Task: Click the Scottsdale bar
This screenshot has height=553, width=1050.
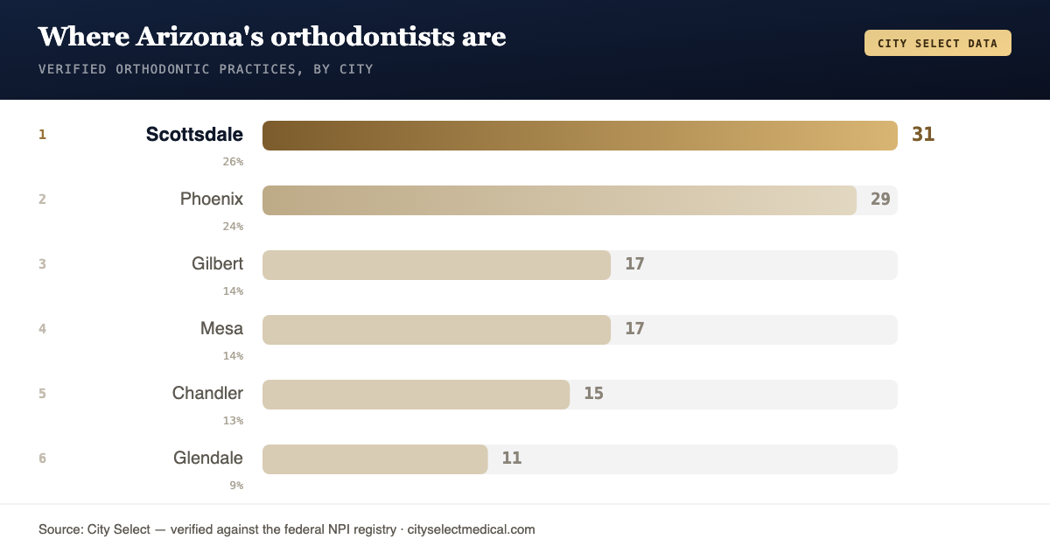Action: click(580, 136)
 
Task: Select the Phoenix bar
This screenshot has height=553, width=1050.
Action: click(559, 200)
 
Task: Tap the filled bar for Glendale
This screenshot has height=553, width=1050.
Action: click(375, 459)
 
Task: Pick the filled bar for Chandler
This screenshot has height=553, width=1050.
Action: click(416, 395)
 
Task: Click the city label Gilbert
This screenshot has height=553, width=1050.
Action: click(218, 264)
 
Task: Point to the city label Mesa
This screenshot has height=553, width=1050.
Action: click(221, 328)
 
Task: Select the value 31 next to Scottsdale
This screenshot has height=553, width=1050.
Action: click(923, 135)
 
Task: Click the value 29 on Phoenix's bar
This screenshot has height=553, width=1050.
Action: click(880, 199)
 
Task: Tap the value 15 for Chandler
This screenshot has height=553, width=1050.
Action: click(593, 393)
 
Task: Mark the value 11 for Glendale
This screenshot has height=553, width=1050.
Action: click(511, 458)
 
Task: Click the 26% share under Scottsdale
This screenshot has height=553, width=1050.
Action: click(233, 162)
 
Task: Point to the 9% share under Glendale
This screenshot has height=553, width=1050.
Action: click(236, 486)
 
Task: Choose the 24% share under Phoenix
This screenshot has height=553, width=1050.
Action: click(233, 227)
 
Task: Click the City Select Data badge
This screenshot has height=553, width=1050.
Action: click(938, 43)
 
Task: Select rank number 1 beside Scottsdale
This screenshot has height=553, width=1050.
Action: click(42, 135)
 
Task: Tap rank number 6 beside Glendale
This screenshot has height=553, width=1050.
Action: click(42, 458)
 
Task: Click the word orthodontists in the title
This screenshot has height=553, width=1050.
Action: click(362, 37)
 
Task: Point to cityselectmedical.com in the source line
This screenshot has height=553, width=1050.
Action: click(471, 529)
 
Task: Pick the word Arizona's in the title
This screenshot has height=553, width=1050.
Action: click(199, 37)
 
